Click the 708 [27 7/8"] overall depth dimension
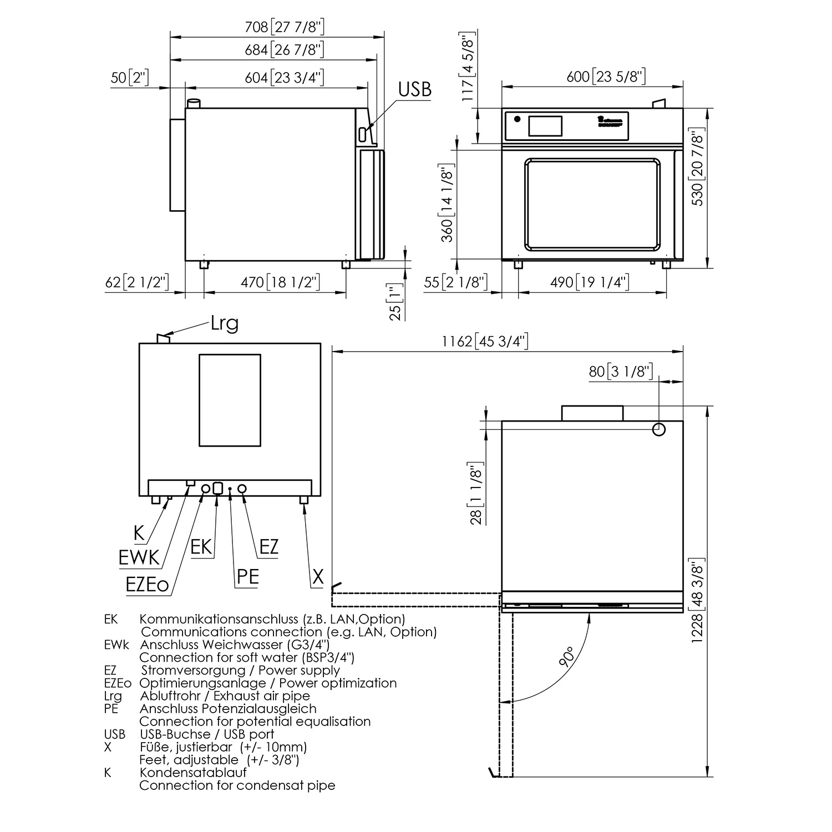285,27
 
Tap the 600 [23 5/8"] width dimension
606,76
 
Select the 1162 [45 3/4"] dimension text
485,341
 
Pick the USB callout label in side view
414,89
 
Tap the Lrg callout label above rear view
224,323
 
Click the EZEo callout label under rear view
147,585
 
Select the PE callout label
247,577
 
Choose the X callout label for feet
317,577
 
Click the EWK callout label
139,557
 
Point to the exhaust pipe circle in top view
658,429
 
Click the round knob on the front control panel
517,119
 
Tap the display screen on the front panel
545,126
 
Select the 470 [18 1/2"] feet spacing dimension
280,282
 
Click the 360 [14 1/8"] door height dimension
447,203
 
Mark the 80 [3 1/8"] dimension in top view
620,371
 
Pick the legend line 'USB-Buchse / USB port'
207,734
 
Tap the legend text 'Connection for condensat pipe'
237,785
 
